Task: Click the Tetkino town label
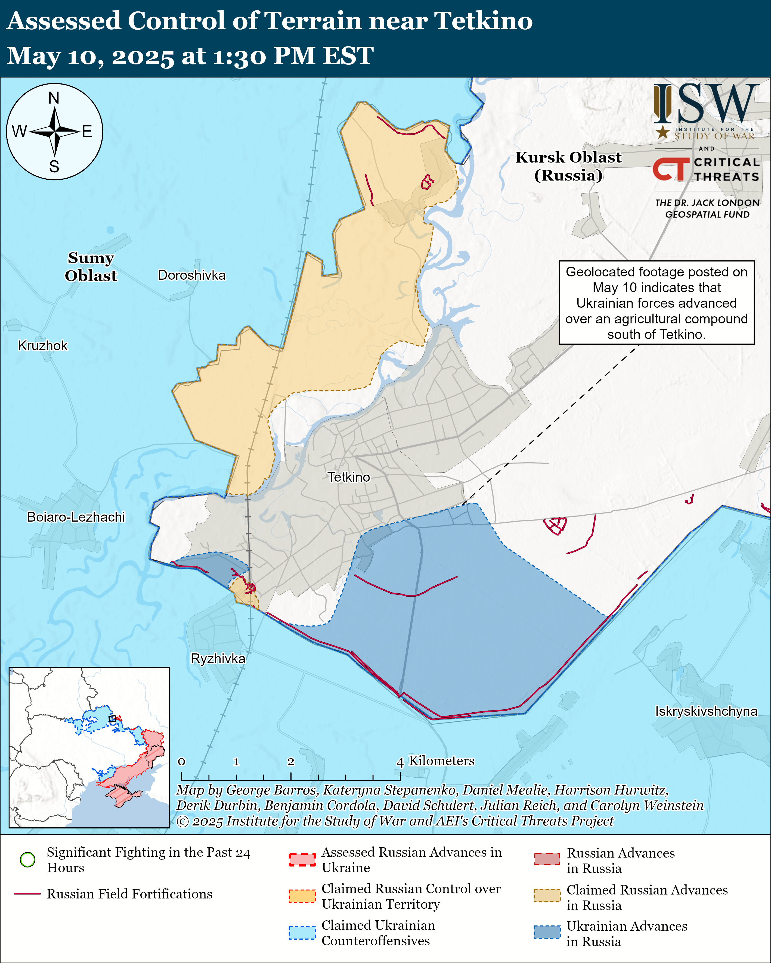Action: pos(349,477)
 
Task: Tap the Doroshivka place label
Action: pos(192,275)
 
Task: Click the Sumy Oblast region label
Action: pos(91,267)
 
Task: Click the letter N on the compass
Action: pos(54,98)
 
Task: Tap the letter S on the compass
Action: pos(54,167)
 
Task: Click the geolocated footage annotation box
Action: pos(656,303)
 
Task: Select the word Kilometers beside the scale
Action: pos(442,761)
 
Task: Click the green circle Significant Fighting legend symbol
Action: pos(28,859)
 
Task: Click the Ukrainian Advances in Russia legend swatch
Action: pos(547,932)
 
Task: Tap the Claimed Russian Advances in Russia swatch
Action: pos(547,896)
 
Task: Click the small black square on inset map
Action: pos(112,719)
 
